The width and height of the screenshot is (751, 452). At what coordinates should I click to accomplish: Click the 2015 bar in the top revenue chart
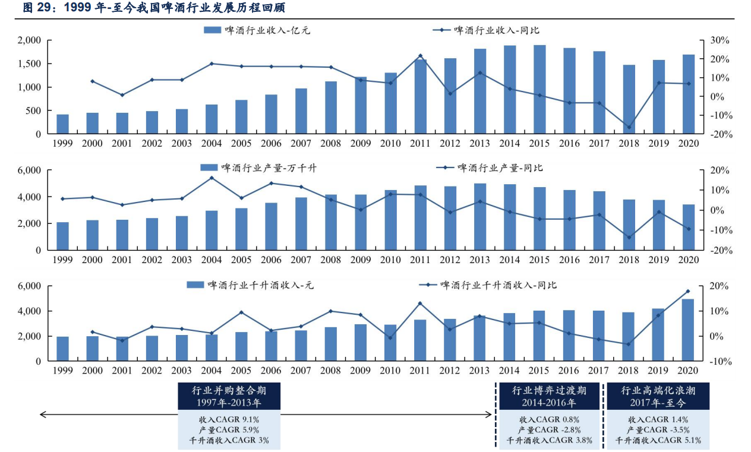tap(539, 89)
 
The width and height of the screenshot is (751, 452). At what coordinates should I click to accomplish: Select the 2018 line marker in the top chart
tap(629, 127)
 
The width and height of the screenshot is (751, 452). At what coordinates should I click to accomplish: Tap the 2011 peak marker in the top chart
tap(420, 56)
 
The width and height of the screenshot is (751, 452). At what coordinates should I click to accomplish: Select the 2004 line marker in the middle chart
tap(212, 178)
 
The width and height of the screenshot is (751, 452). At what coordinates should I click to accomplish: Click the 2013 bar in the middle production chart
tap(479, 217)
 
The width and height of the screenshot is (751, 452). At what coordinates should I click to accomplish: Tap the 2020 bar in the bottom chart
tap(688, 330)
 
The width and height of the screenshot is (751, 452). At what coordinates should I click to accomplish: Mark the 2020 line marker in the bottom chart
tap(688, 291)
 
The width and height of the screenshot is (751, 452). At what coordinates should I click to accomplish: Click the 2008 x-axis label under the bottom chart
tap(331, 371)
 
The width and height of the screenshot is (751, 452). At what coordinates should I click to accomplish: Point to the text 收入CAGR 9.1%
tap(229, 419)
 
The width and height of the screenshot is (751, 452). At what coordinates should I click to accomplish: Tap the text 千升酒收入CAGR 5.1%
tap(658, 441)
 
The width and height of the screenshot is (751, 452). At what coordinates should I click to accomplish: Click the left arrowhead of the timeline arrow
tap(42, 414)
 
